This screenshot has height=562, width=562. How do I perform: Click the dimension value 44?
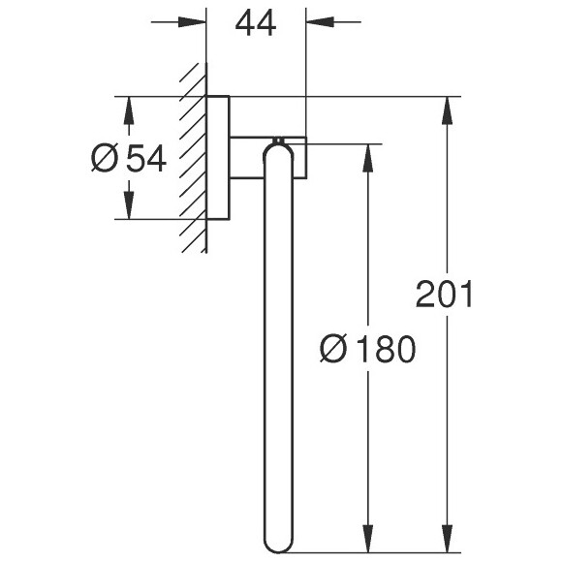coord(256,23)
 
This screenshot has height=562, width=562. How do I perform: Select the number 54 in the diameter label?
coord(146,158)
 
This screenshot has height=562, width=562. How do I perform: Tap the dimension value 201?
coord(445,294)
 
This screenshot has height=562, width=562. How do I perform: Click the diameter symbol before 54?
coord(105,158)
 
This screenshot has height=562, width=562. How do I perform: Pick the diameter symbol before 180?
coord(333,349)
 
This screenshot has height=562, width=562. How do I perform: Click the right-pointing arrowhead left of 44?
coord(192,22)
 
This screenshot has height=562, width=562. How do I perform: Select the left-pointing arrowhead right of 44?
coord(321,22)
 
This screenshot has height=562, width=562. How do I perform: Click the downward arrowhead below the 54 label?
coord(129,205)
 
